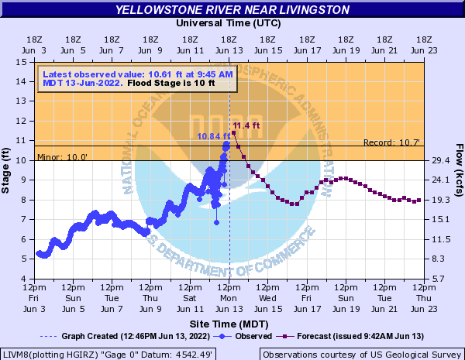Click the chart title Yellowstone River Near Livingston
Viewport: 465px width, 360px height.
click(x=232, y=10)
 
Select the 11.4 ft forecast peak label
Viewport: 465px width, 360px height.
click(x=246, y=125)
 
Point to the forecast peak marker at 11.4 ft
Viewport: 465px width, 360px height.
click(x=233, y=132)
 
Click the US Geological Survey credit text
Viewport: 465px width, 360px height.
click(x=361, y=354)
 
